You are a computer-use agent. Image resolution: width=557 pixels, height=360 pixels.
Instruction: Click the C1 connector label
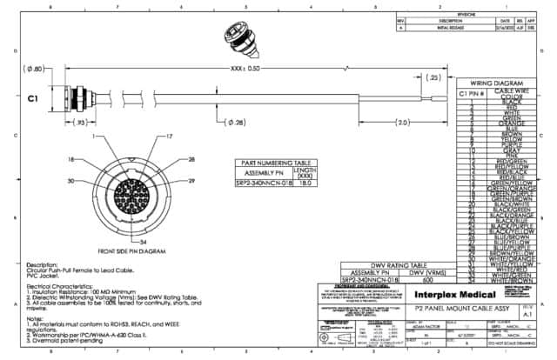(33, 99)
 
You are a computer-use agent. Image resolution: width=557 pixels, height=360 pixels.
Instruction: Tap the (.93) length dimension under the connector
(80, 123)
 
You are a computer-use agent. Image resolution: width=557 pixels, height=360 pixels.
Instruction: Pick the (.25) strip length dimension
(432, 77)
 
